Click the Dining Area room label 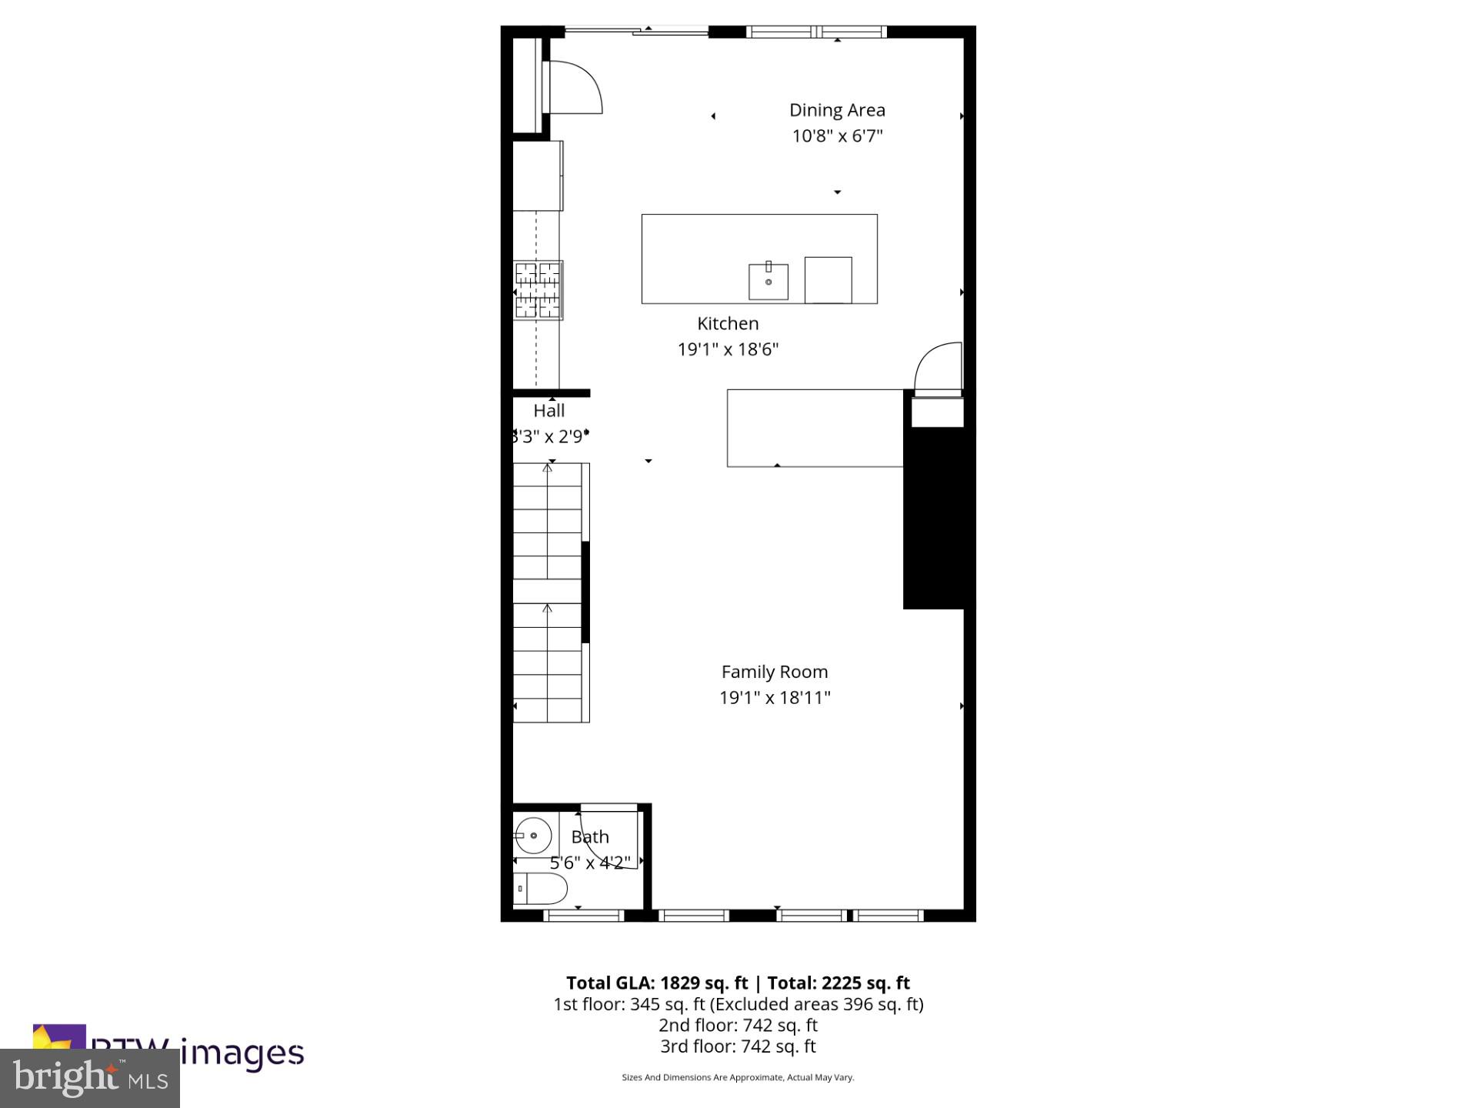(x=837, y=110)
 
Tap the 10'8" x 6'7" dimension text (x=837, y=136)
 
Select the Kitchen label (x=728, y=323)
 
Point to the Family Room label (x=775, y=672)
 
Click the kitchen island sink (x=769, y=282)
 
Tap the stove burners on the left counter (x=538, y=290)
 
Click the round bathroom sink (x=532, y=836)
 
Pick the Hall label (x=549, y=411)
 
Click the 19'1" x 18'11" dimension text (x=775, y=698)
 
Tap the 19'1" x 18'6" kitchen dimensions (x=728, y=349)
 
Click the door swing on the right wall (x=939, y=368)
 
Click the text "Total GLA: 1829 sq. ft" (x=657, y=983)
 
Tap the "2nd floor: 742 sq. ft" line (x=738, y=1025)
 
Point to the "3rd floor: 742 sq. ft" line (x=738, y=1046)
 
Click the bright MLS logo (x=90, y=1077)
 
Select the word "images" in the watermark (x=243, y=1053)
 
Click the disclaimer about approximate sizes (x=738, y=1077)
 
